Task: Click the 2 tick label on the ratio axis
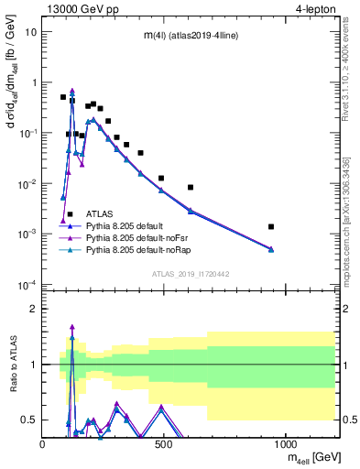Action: point(33,309)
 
